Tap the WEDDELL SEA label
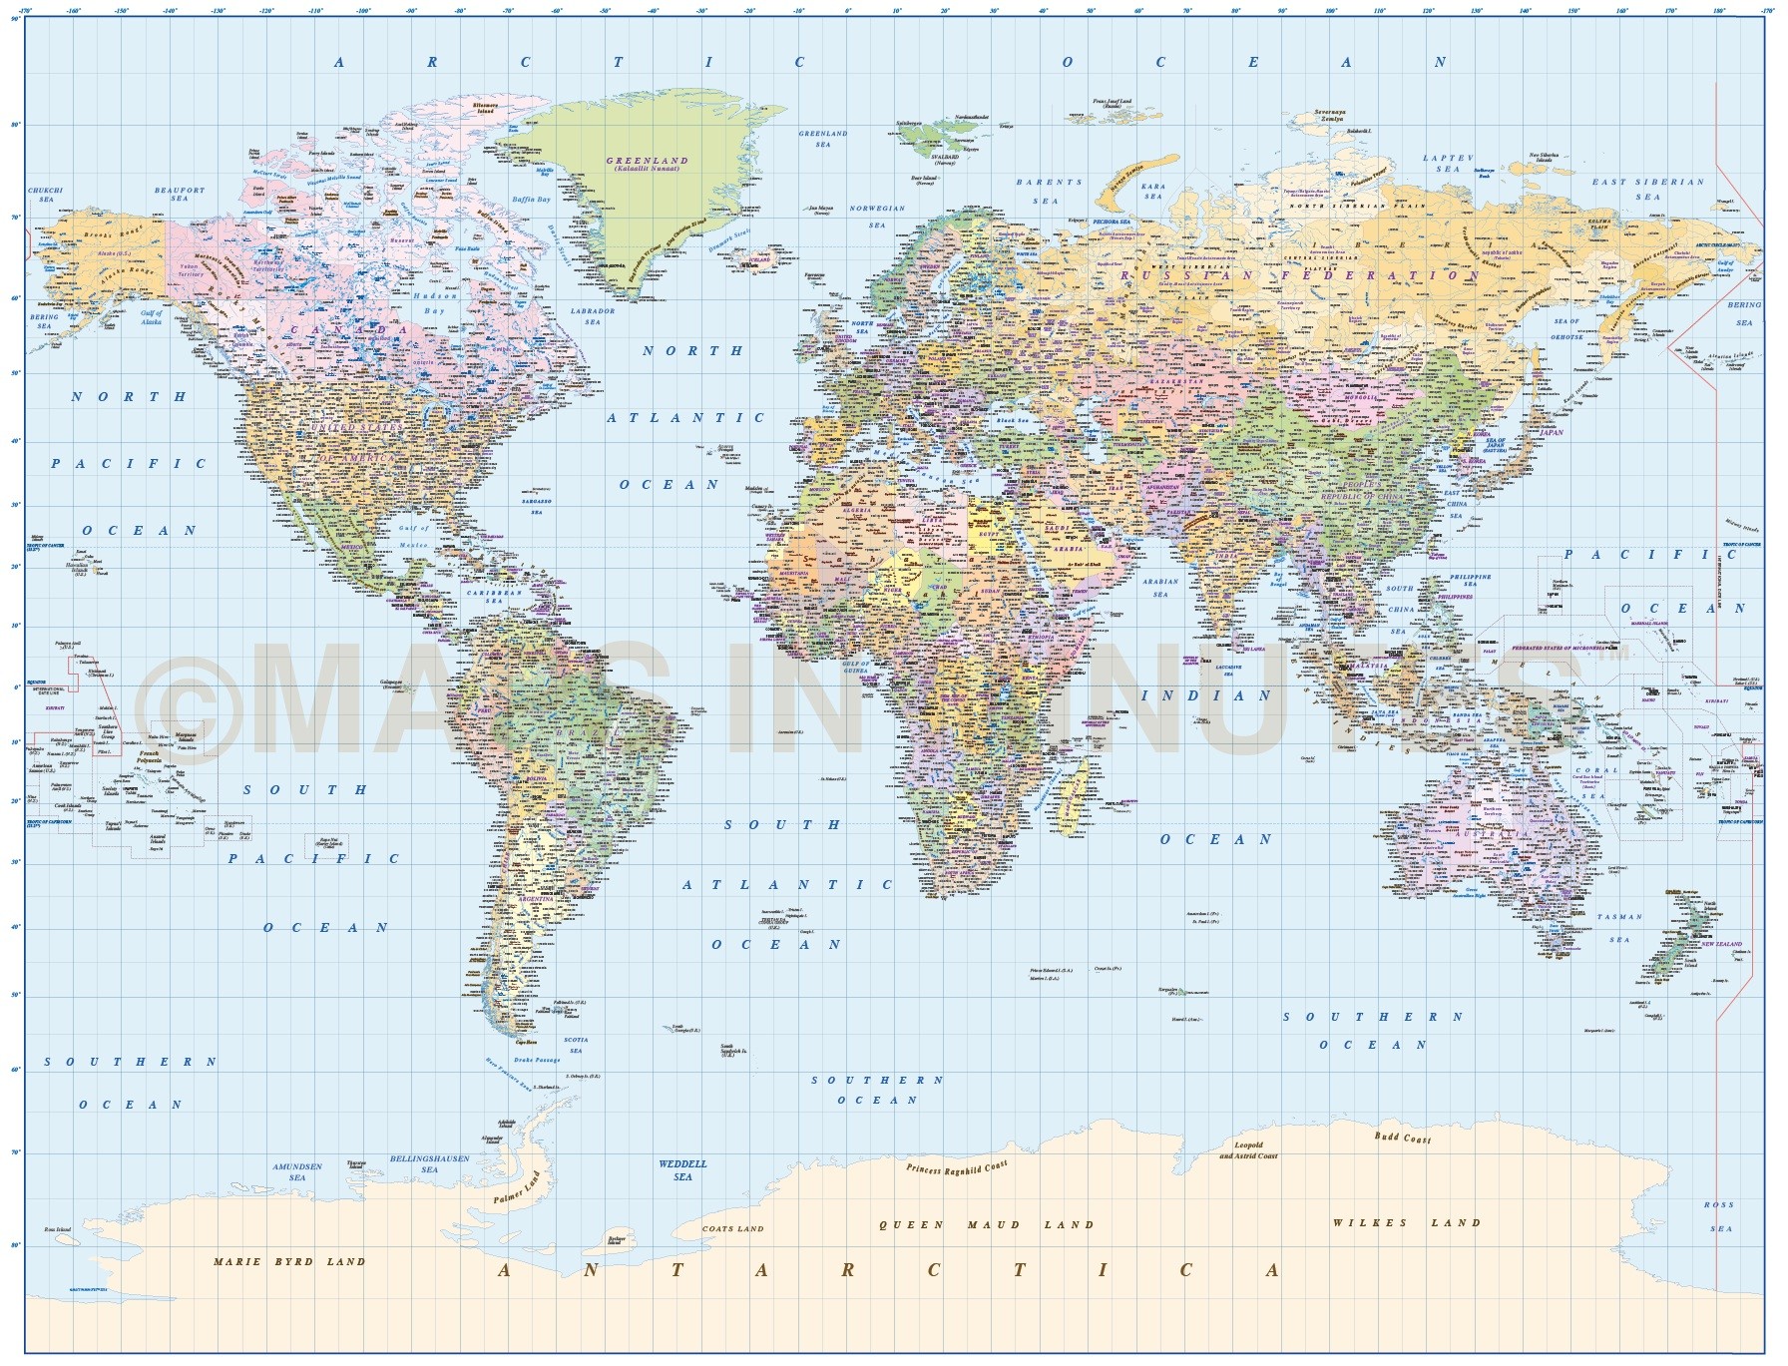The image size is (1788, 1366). click(682, 1169)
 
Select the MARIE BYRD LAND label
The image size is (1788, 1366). click(289, 1261)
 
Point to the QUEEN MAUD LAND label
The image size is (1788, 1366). click(986, 1224)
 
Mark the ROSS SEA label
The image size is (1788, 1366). click(1719, 1216)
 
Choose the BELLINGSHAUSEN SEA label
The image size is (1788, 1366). click(429, 1163)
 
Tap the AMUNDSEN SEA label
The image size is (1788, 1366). click(297, 1171)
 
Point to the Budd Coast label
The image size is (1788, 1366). click(1402, 1138)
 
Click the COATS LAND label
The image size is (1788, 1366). click(732, 1228)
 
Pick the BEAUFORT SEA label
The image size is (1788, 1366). click(180, 195)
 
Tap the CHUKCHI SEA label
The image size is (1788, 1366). click(46, 195)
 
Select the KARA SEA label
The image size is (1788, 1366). click(1153, 192)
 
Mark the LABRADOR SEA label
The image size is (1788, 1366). click(593, 316)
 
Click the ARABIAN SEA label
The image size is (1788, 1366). click(1160, 588)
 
